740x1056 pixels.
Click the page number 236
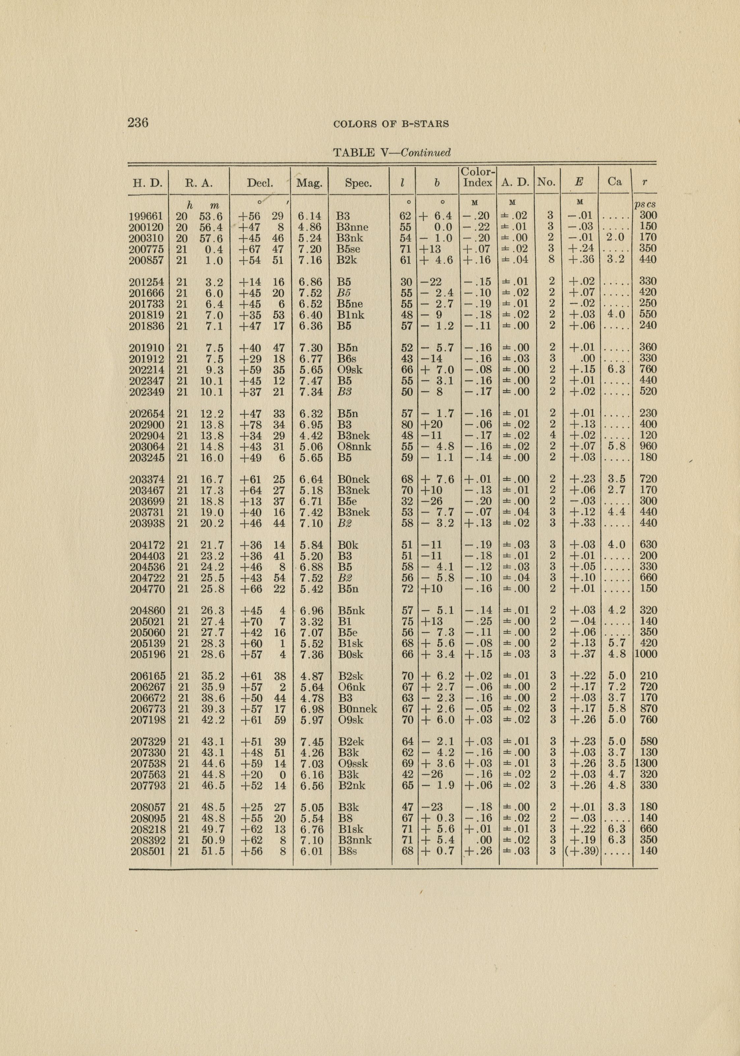[x=138, y=123]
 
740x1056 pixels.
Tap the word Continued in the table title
[x=426, y=153]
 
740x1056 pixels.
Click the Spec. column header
[x=358, y=183]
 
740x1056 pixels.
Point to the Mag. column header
[x=309, y=183]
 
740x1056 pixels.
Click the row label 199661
[x=147, y=216]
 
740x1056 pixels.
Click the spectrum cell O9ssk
[x=353, y=763]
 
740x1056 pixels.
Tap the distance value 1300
[x=645, y=763]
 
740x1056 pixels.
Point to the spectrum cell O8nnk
[x=354, y=446]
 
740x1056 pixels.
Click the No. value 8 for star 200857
[x=552, y=260]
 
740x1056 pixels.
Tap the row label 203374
[x=147, y=479]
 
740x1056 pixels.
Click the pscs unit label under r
[x=644, y=205]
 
